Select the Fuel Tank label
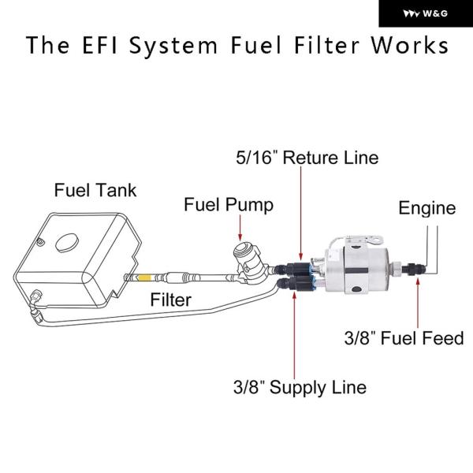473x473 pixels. (x=95, y=190)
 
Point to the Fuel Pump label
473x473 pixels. (x=229, y=205)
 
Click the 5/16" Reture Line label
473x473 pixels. (x=307, y=157)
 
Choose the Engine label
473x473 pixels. (x=426, y=208)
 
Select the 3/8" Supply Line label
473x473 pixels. (x=300, y=387)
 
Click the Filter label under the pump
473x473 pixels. (x=172, y=300)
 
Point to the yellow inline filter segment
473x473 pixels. (x=145, y=277)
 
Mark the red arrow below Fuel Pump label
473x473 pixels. (x=240, y=229)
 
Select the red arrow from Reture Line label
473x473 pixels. (x=300, y=213)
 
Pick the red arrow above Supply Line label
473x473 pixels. (x=295, y=331)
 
